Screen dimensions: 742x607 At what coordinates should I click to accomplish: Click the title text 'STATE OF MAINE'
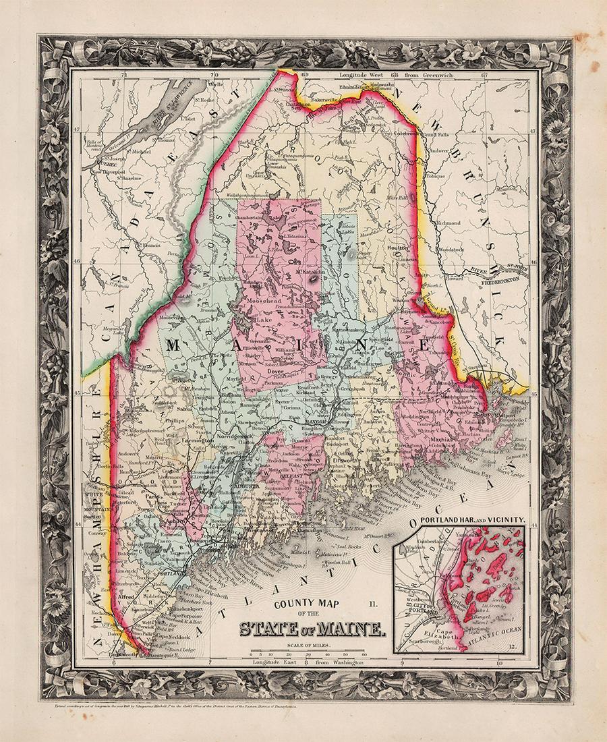[x=312, y=630]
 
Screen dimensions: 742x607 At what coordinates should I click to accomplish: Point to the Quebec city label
[x=96, y=162]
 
